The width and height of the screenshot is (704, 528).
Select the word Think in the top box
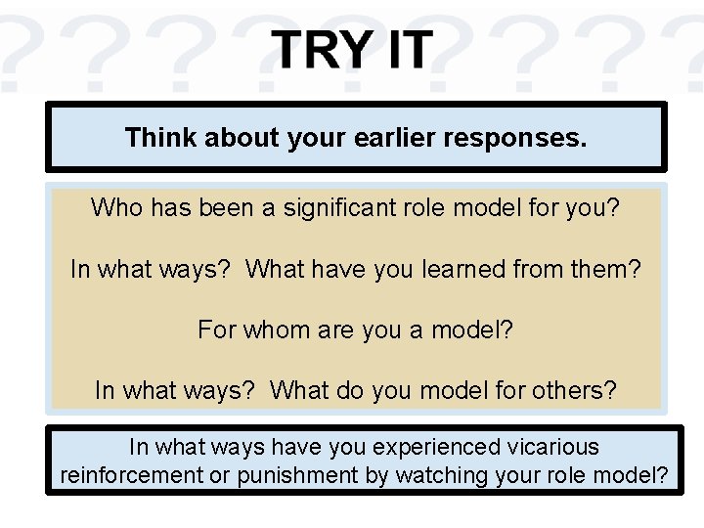pos(160,138)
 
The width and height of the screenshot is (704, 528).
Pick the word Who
pos(116,207)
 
